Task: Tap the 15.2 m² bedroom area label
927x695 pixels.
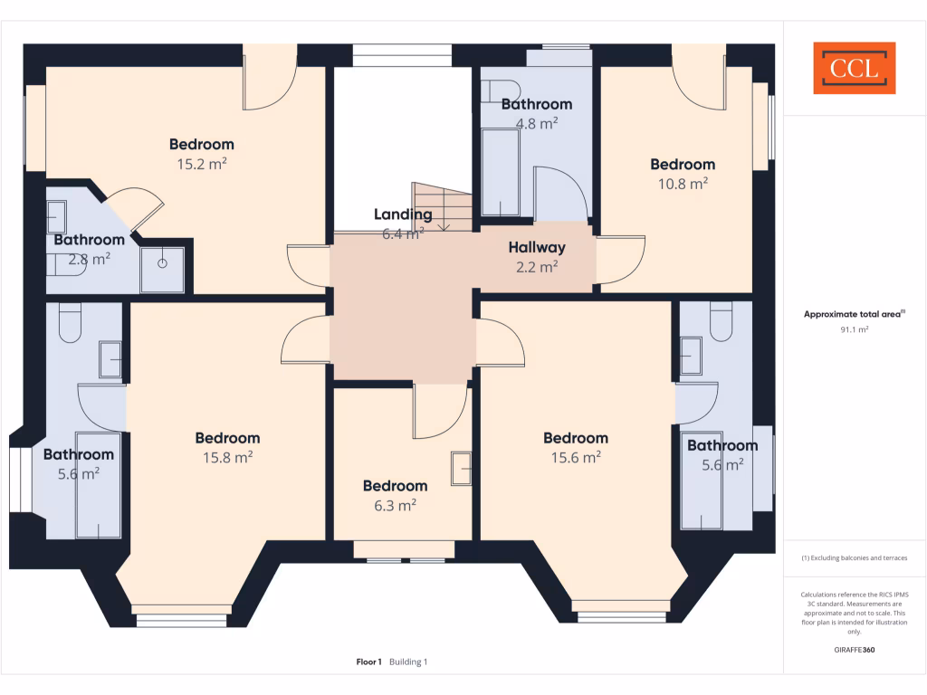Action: point(201,164)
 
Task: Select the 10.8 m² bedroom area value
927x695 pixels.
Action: point(683,184)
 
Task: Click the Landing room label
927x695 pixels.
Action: point(403,214)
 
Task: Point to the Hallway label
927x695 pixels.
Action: point(536,247)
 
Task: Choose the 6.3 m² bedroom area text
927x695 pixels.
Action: point(395,506)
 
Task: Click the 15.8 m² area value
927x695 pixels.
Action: point(227,458)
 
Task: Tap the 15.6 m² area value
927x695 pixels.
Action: point(576,458)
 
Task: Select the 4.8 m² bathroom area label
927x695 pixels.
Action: point(536,124)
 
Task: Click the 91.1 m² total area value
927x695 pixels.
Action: point(855,330)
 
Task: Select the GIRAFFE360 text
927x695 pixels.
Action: point(855,650)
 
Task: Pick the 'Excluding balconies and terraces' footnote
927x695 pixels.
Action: point(855,558)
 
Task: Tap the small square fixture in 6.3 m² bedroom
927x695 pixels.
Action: point(462,469)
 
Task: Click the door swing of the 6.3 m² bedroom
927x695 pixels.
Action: point(440,412)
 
